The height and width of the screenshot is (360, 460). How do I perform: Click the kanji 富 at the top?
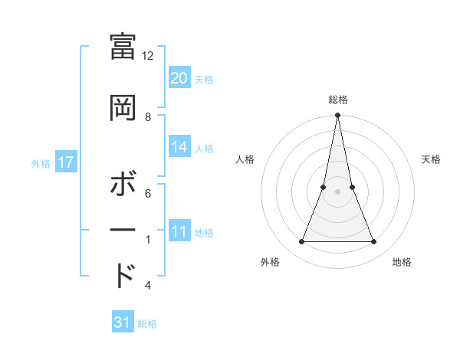(123, 49)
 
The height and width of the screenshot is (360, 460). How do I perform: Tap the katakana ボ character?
(123, 186)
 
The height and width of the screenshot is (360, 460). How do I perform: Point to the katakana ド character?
(123, 276)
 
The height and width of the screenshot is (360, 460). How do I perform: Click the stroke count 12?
(148, 56)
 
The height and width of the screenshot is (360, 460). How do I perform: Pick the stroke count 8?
(148, 117)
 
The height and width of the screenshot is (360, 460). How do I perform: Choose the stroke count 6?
(148, 194)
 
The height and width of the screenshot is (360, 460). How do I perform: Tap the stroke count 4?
(148, 286)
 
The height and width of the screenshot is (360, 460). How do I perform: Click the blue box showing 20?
(179, 77)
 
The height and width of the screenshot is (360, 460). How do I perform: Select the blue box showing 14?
(179, 147)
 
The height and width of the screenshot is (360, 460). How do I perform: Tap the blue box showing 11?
(179, 231)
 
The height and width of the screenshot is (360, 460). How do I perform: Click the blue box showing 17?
(65, 162)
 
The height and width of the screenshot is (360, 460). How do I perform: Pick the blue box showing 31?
(123, 322)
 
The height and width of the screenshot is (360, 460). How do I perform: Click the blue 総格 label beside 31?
(147, 324)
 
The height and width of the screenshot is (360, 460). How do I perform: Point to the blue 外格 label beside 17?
(41, 163)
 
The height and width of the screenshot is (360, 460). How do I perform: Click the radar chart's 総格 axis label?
(337, 100)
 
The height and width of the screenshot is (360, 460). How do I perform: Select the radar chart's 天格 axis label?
(431, 159)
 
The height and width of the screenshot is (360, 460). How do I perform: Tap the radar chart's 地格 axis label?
(402, 263)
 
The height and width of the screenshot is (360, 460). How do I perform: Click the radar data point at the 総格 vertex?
(337, 116)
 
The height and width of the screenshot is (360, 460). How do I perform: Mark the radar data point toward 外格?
(301, 242)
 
